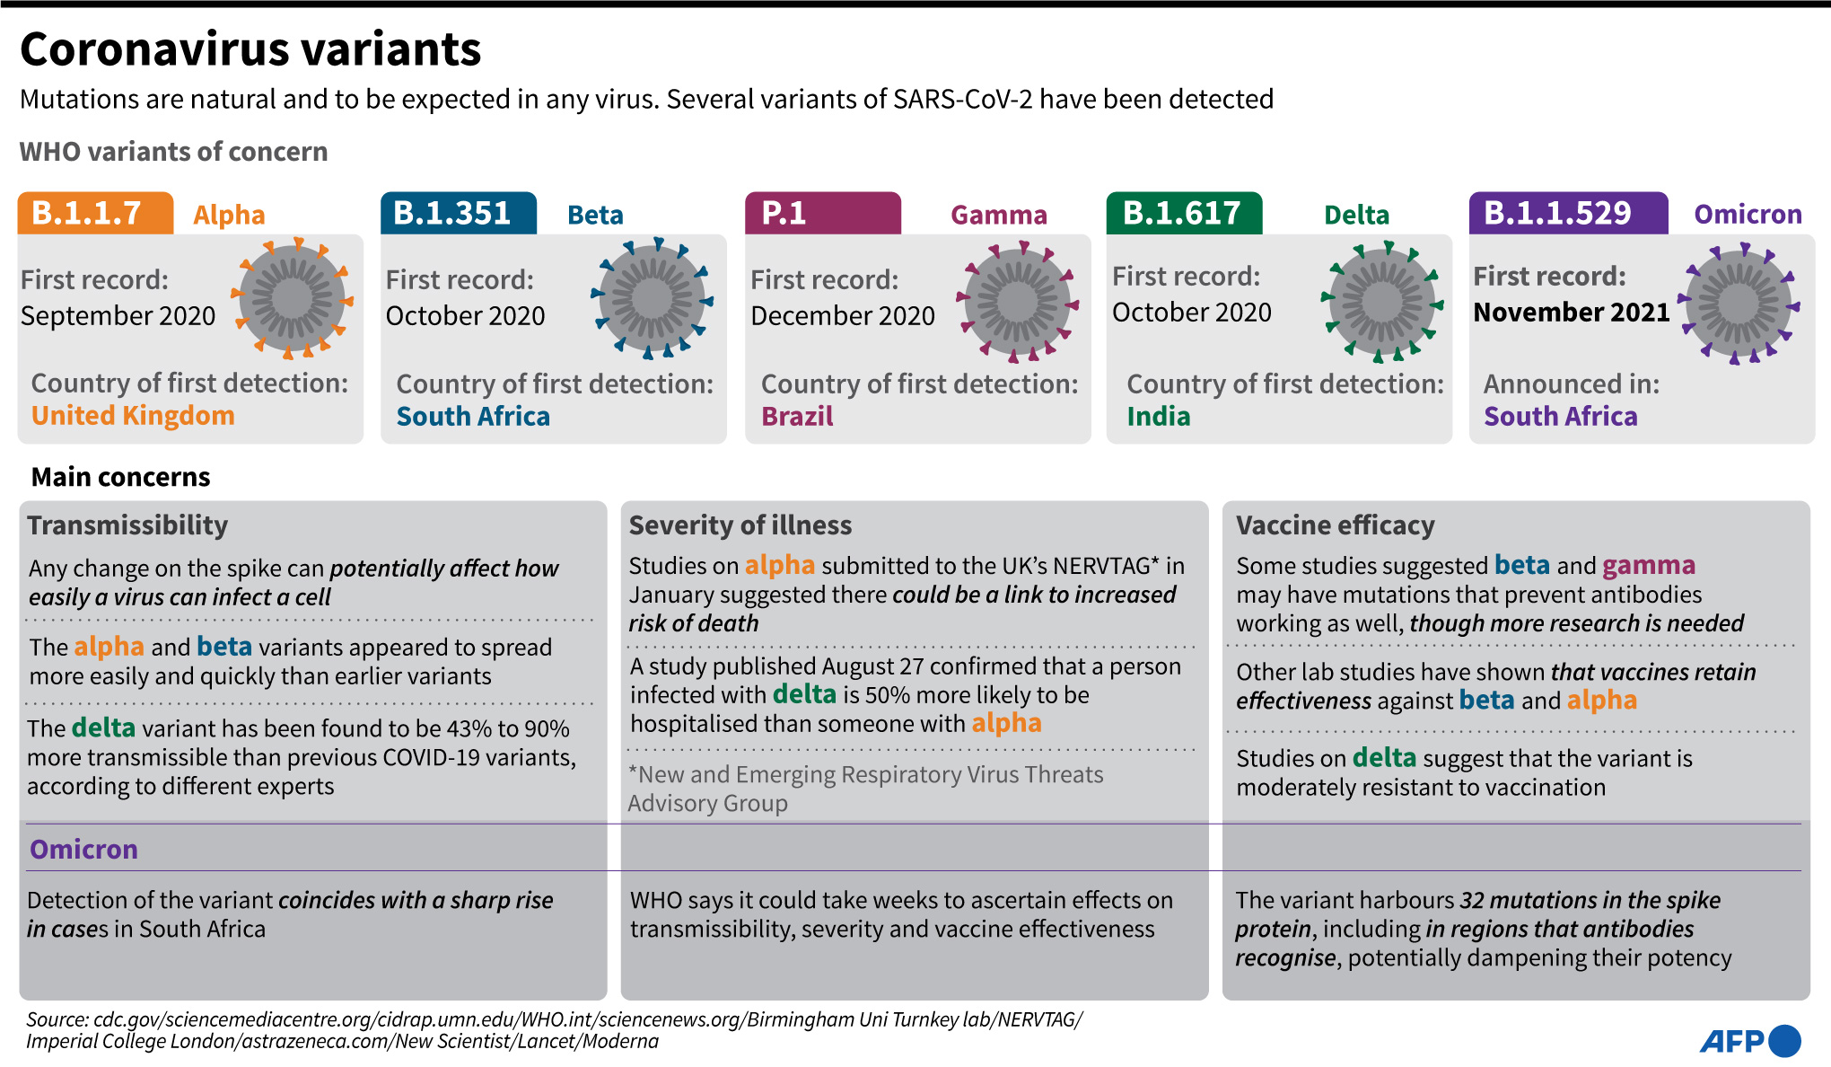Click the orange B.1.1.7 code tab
pyautogui.click(x=95, y=214)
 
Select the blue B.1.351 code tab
pyautogui.click(x=459, y=214)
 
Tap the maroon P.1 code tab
pyautogui.click(x=822, y=214)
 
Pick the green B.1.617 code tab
pyautogui.click(x=1184, y=214)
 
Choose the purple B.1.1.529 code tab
pyautogui.click(x=1568, y=214)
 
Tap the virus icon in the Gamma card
pyautogui.click(x=1017, y=301)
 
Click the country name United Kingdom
pyautogui.click(x=133, y=416)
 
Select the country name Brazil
pyautogui.click(x=797, y=417)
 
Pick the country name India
pyautogui.click(x=1159, y=417)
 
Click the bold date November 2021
pyautogui.click(x=1572, y=313)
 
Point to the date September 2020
pyautogui.click(x=118, y=316)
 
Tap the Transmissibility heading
pyautogui.click(x=127, y=525)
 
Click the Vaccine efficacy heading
pyautogui.click(x=1335, y=525)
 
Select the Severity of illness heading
pyautogui.click(x=740, y=525)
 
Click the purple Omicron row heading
pyautogui.click(x=83, y=849)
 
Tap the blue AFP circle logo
pyautogui.click(x=1783, y=1041)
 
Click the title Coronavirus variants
pyautogui.click(x=250, y=49)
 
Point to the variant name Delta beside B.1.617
pyautogui.click(x=1356, y=216)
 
